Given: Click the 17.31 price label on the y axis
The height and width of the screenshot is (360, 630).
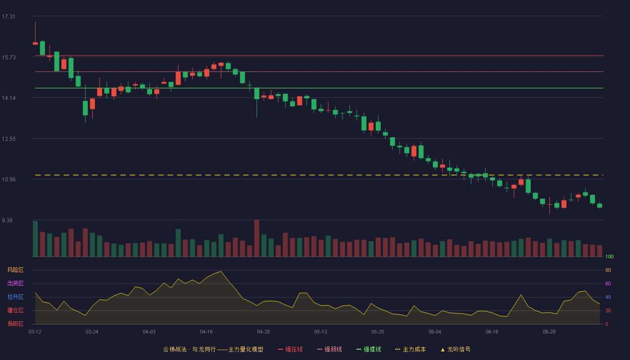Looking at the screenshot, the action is pos(9,17).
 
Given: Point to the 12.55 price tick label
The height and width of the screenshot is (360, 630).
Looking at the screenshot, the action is pos(9,139).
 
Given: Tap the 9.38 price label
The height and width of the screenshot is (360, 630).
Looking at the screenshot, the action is pos(7,220).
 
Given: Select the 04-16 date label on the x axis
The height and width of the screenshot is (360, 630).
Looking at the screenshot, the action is pos(206,332).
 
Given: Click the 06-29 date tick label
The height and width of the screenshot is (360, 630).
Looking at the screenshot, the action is pos(549,332).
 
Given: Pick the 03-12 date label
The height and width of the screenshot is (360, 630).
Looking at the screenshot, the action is pos(35,332).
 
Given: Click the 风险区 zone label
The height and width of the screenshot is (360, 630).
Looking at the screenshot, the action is pos(15,270).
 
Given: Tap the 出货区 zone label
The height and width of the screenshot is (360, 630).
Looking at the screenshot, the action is pos(15,283).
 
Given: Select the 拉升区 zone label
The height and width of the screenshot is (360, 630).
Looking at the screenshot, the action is pos(15,297).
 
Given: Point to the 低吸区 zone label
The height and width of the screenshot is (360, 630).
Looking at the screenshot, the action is pos(15,324).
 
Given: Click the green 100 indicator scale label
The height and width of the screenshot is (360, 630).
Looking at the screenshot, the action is pos(609,256).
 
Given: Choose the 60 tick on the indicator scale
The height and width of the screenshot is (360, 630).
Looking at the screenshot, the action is pos(608,283).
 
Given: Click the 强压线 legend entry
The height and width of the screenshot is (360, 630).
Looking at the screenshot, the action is pos(290,350).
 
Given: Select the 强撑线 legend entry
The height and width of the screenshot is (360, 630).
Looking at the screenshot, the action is pos(369,350).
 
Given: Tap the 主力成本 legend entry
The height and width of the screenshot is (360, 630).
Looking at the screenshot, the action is pos(410,350).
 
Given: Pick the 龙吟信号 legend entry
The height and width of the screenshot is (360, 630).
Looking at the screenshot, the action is pos(455,350).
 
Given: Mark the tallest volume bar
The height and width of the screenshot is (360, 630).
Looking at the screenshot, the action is pos(257,238).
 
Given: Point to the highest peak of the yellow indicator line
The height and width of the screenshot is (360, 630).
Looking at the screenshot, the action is pos(221,271).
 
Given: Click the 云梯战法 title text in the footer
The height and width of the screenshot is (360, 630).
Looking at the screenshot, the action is pos(175,350).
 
